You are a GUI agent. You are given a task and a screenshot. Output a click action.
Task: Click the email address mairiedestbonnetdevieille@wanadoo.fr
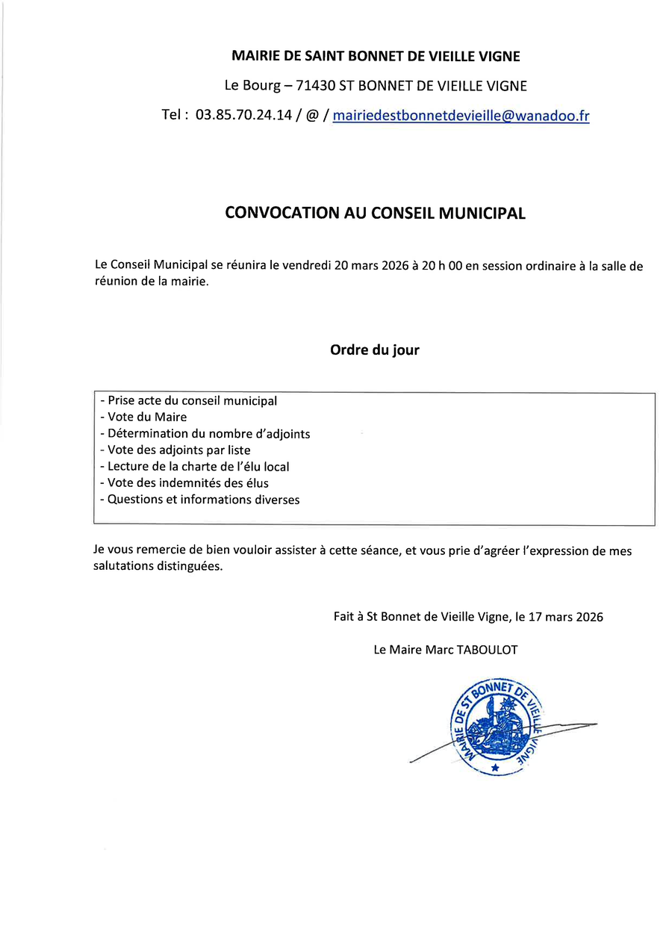click(461, 116)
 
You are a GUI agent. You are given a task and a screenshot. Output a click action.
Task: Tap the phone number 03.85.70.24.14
click(243, 116)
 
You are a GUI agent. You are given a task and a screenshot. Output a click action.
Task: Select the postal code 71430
click(316, 86)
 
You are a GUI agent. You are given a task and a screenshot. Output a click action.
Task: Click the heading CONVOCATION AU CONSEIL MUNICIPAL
click(375, 213)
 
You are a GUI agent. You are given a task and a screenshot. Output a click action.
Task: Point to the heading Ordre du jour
click(375, 350)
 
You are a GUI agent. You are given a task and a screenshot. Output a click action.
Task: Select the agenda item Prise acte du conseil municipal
click(188, 401)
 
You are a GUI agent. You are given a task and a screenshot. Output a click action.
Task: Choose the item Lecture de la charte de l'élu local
click(194, 466)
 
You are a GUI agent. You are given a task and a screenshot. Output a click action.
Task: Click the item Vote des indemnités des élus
click(184, 482)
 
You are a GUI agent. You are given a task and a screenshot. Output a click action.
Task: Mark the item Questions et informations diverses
click(199, 499)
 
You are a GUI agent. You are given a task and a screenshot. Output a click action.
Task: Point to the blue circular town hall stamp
click(495, 727)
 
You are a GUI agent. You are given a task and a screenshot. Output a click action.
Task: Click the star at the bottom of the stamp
click(494, 767)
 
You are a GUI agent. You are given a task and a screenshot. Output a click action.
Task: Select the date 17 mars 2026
click(568, 617)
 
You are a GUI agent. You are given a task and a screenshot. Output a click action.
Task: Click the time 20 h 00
click(441, 266)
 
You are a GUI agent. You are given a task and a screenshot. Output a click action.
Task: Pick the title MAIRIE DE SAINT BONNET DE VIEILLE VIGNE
click(376, 56)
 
